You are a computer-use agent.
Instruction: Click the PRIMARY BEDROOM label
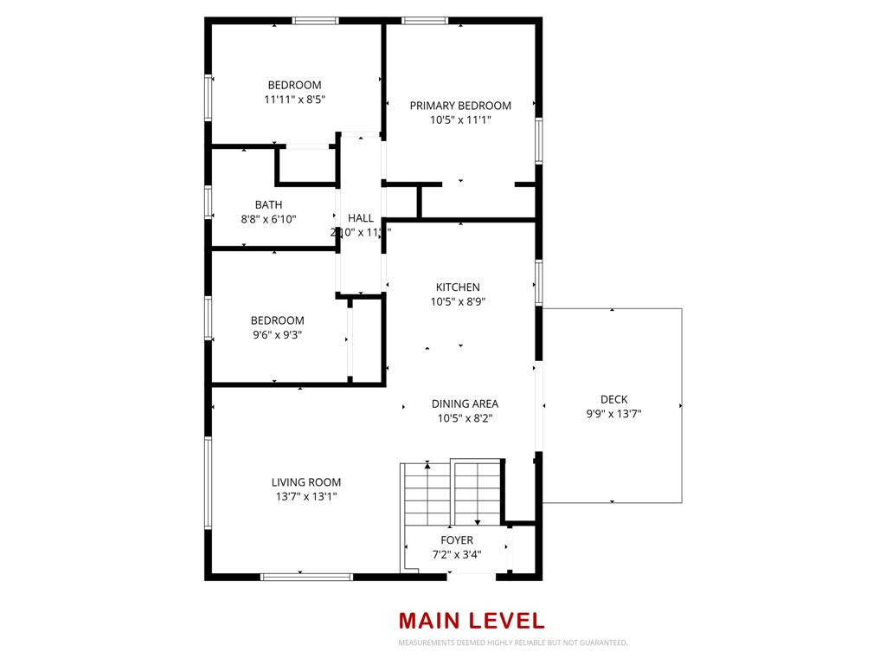tap(460, 106)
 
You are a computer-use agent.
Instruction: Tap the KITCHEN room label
tap(457, 287)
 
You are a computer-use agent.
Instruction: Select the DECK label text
tap(613, 399)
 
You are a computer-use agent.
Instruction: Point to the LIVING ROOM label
tap(305, 482)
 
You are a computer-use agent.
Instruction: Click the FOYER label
tap(457, 540)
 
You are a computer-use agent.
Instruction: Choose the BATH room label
tap(268, 205)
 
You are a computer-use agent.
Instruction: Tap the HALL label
tap(360, 218)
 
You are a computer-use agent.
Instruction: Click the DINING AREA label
tap(465, 404)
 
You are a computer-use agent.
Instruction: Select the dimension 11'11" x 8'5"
tap(294, 100)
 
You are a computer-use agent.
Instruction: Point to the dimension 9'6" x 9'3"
tap(277, 335)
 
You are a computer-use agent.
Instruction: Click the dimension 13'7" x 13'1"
tap(305, 497)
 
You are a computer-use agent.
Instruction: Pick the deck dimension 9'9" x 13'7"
tap(613, 414)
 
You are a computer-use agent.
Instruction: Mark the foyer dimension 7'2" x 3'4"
tap(457, 555)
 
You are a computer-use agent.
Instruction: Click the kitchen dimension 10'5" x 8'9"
tap(457, 302)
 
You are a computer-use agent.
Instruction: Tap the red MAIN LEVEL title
tap(472, 621)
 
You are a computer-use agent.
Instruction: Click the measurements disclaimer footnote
tap(512, 643)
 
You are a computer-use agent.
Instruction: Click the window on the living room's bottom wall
tap(306, 576)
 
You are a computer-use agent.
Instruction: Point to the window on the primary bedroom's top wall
tap(425, 21)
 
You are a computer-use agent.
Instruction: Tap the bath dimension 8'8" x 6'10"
tap(268, 220)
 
